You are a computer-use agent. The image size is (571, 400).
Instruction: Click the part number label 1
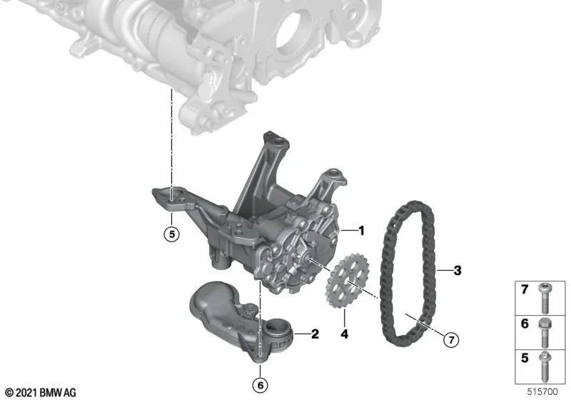(x=361, y=231)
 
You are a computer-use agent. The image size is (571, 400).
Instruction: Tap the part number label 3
(x=458, y=271)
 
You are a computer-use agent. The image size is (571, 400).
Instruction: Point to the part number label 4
(x=343, y=333)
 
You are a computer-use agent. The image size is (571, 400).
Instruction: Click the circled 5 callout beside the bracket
(x=171, y=233)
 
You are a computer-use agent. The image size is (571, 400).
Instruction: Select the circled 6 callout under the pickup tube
(x=261, y=386)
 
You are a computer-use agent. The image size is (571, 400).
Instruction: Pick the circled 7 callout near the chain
(x=450, y=340)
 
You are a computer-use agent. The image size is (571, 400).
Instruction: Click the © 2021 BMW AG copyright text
(x=40, y=392)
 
